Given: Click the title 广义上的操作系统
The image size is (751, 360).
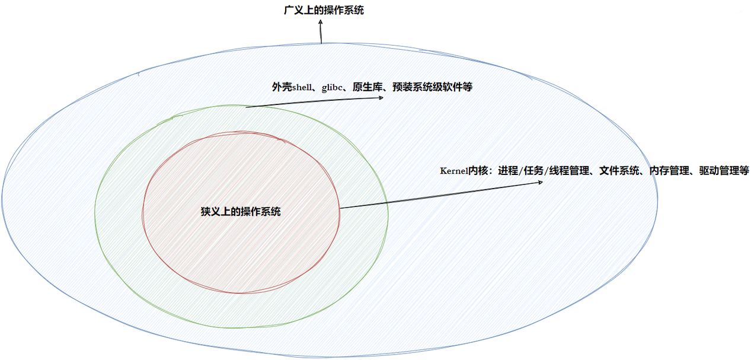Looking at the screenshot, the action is (323, 10).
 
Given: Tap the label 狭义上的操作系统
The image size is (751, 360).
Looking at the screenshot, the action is (241, 212).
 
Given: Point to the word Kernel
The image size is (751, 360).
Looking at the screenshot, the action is (453, 171).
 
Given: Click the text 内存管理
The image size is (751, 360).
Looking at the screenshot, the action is (669, 171).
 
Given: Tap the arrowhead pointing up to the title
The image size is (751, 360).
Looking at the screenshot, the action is (321, 21).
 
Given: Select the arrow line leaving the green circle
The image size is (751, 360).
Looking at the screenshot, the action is (314, 102).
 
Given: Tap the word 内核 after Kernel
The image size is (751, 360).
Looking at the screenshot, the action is (478, 171).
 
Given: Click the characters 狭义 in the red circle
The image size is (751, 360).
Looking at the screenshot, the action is (210, 212).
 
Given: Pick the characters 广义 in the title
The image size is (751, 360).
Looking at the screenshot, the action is (293, 10).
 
